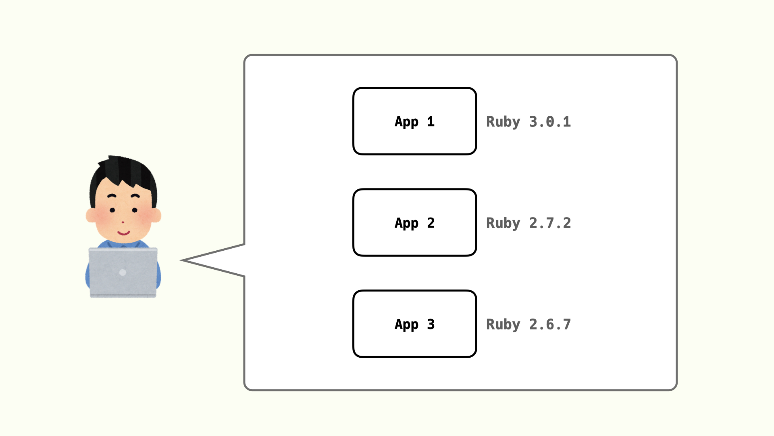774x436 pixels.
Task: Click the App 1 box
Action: pos(414,121)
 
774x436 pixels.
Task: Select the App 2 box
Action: pos(414,222)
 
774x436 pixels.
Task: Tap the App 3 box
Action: pos(414,324)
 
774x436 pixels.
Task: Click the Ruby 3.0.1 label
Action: pos(528,122)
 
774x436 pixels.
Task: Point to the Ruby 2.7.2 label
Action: pos(528,223)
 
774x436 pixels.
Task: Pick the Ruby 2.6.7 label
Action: pos(528,324)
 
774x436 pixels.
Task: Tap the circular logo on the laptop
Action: pos(123,272)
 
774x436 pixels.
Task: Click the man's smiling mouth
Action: pos(123,233)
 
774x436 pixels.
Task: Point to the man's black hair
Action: pos(125,170)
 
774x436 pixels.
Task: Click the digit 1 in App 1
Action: pos(431,122)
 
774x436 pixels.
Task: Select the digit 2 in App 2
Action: pos(431,223)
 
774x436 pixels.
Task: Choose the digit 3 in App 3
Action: pos(431,324)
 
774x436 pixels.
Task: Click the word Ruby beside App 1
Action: pos(503,122)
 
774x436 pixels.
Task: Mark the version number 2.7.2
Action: pos(550,223)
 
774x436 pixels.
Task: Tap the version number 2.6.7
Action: pos(550,324)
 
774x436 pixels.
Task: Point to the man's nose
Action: pos(123,222)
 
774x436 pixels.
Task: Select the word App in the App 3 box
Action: pos(406,325)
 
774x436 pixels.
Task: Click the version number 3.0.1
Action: pos(550,122)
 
